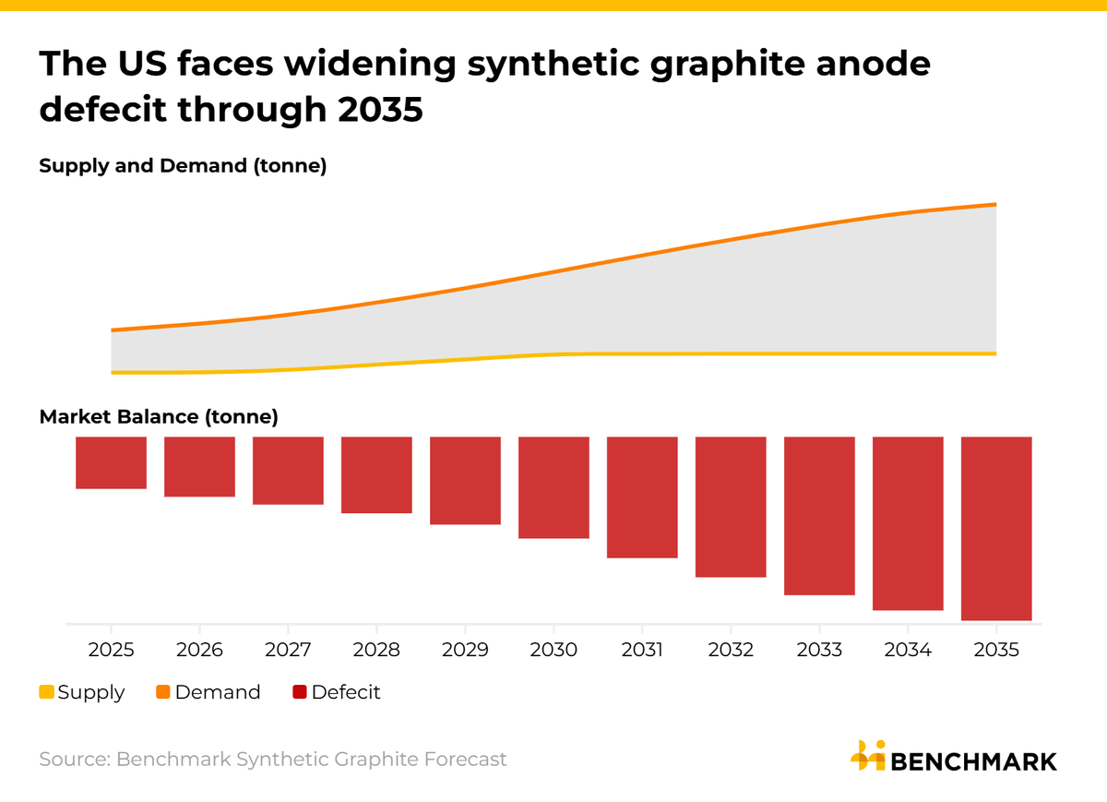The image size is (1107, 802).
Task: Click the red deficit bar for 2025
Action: pyautogui.click(x=111, y=462)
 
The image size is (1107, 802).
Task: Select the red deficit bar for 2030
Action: pyautogui.click(x=553, y=487)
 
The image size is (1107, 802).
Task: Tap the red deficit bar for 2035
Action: pyautogui.click(x=996, y=528)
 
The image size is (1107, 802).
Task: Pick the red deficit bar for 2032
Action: pyautogui.click(x=731, y=507)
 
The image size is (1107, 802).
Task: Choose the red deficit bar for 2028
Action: pyautogui.click(x=376, y=474)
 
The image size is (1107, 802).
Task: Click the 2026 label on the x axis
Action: pyautogui.click(x=199, y=650)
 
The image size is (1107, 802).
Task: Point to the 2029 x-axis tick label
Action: pyautogui.click(x=465, y=650)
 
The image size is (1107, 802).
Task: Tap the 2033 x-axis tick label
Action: pyautogui.click(x=819, y=650)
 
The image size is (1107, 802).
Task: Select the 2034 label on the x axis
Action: pyautogui.click(x=908, y=650)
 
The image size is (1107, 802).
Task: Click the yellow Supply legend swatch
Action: pyautogui.click(x=47, y=692)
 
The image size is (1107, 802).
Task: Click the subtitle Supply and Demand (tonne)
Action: pyautogui.click(x=183, y=167)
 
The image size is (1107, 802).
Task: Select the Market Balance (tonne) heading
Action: pyautogui.click(x=159, y=417)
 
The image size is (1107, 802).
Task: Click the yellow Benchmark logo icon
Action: pyautogui.click(x=867, y=756)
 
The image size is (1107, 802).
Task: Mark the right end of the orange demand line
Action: pyautogui.click(x=995, y=205)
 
